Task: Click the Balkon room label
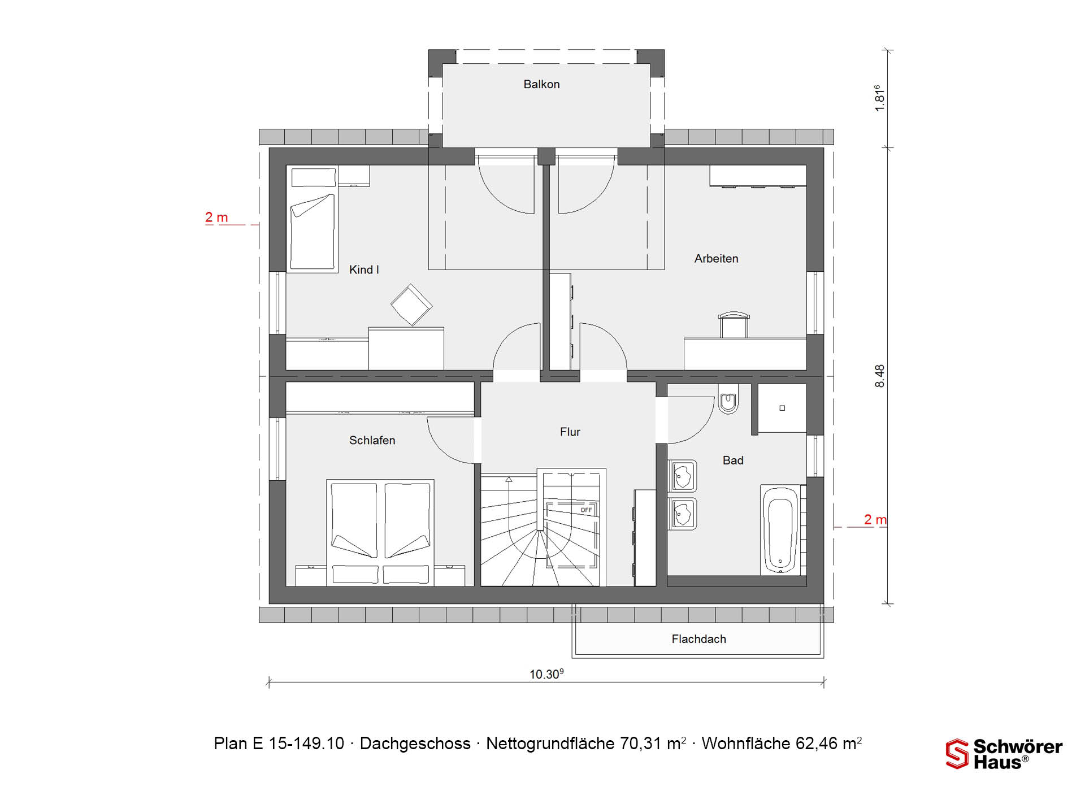click(x=541, y=84)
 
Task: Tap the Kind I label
click(x=364, y=270)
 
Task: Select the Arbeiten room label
click(x=716, y=259)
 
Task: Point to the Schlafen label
click(x=372, y=440)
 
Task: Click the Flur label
click(x=570, y=432)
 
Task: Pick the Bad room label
click(x=733, y=460)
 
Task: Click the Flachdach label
click(x=698, y=639)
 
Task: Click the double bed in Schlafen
click(x=380, y=533)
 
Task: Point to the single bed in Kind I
click(x=313, y=219)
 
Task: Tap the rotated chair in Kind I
click(x=411, y=305)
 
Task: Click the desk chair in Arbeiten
click(x=734, y=324)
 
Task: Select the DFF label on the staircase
click(x=587, y=510)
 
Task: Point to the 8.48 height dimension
click(x=880, y=376)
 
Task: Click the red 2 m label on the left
click(x=216, y=218)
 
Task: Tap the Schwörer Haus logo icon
click(x=957, y=754)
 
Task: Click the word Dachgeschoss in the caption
click(x=415, y=744)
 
